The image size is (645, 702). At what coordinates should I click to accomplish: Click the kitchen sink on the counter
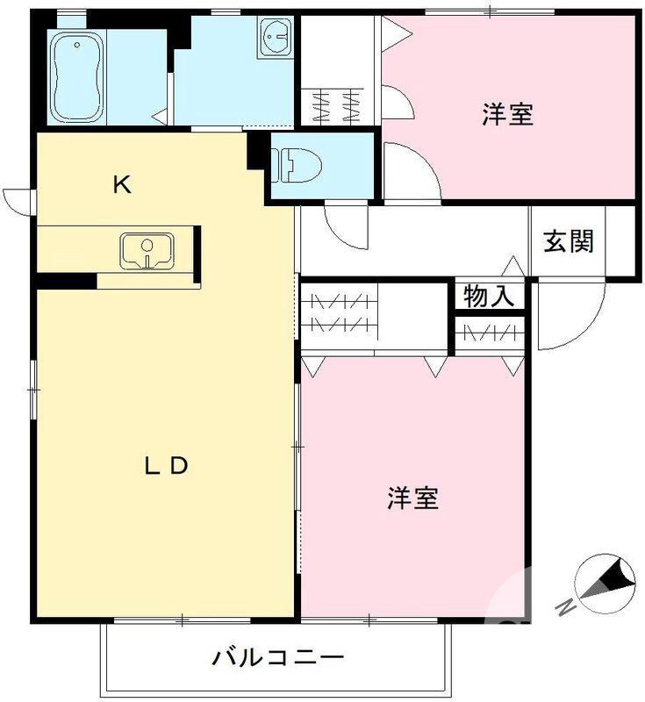pyautogui.click(x=147, y=251)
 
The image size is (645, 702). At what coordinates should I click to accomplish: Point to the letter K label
pyautogui.click(x=121, y=185)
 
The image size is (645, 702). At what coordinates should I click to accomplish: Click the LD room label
pyautogui.click(x=166, y=466)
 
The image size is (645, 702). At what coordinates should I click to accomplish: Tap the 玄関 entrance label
pyautogui.click(x=568, y=241)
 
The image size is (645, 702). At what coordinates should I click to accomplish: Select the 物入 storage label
pyautogui.click(x=489, y=297)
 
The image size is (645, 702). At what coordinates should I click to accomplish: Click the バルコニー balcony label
pyautogui.click(x=277, y=656)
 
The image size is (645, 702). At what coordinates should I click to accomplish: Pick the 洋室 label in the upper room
pyautogui.click(x=507, y=114)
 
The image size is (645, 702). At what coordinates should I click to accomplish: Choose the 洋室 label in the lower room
pyautogui.click(x=412, y=498)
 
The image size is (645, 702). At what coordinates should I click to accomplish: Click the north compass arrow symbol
pyautogui.click(x=606, y=584)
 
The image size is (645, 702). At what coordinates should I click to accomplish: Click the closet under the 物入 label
pyautogui.click(x=489, y=333)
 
